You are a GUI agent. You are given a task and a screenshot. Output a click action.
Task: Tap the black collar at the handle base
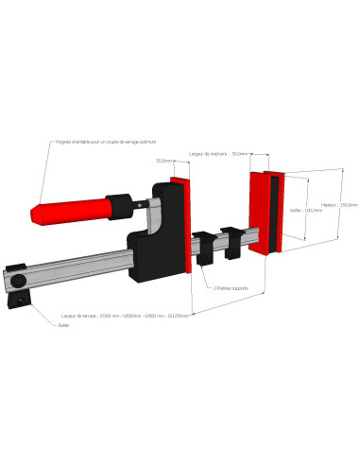point(119,202)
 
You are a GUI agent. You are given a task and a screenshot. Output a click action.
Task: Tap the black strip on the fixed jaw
point(272,215)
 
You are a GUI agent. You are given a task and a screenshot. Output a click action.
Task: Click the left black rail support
point(205,249)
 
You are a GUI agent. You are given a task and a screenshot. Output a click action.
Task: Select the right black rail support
point(230,240)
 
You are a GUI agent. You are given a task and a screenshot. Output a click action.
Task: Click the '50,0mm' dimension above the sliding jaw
point(164,161)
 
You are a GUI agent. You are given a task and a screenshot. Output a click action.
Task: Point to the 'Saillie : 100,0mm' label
point(306,210)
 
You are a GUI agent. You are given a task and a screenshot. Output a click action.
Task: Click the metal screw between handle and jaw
point(141,202)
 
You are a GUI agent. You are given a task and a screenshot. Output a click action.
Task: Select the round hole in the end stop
point(20,303)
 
